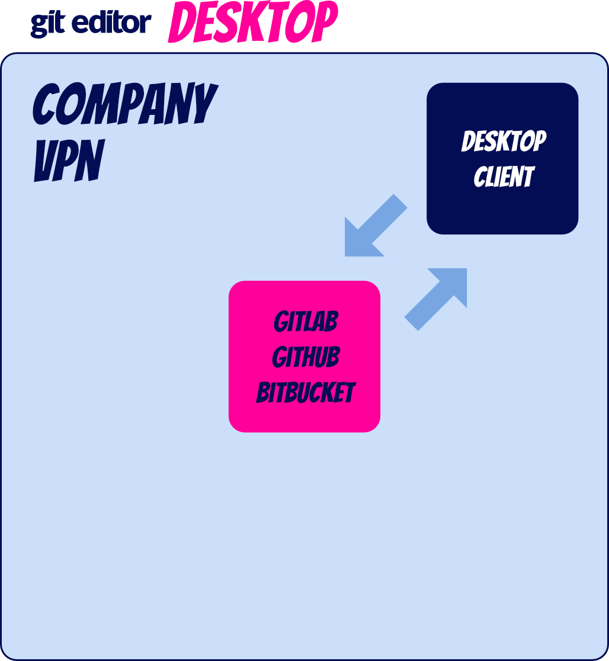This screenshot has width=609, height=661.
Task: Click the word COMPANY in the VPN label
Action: coord(125,104)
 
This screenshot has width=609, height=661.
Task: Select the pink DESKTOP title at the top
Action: coord(253,23)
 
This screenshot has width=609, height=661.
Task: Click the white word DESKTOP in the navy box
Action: coord(504,142)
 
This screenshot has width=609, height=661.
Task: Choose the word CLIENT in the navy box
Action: coord(504,177)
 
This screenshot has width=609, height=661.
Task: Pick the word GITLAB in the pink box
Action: coord(306,322)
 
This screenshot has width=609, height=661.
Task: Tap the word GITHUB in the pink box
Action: coord(306,358)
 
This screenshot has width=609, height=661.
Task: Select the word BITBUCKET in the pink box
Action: coord(306,393)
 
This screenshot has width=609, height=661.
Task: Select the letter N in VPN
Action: coord(91,161)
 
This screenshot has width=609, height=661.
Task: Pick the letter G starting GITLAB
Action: coord(281,323)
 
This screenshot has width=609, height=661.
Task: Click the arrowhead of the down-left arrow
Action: coord(358,243)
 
